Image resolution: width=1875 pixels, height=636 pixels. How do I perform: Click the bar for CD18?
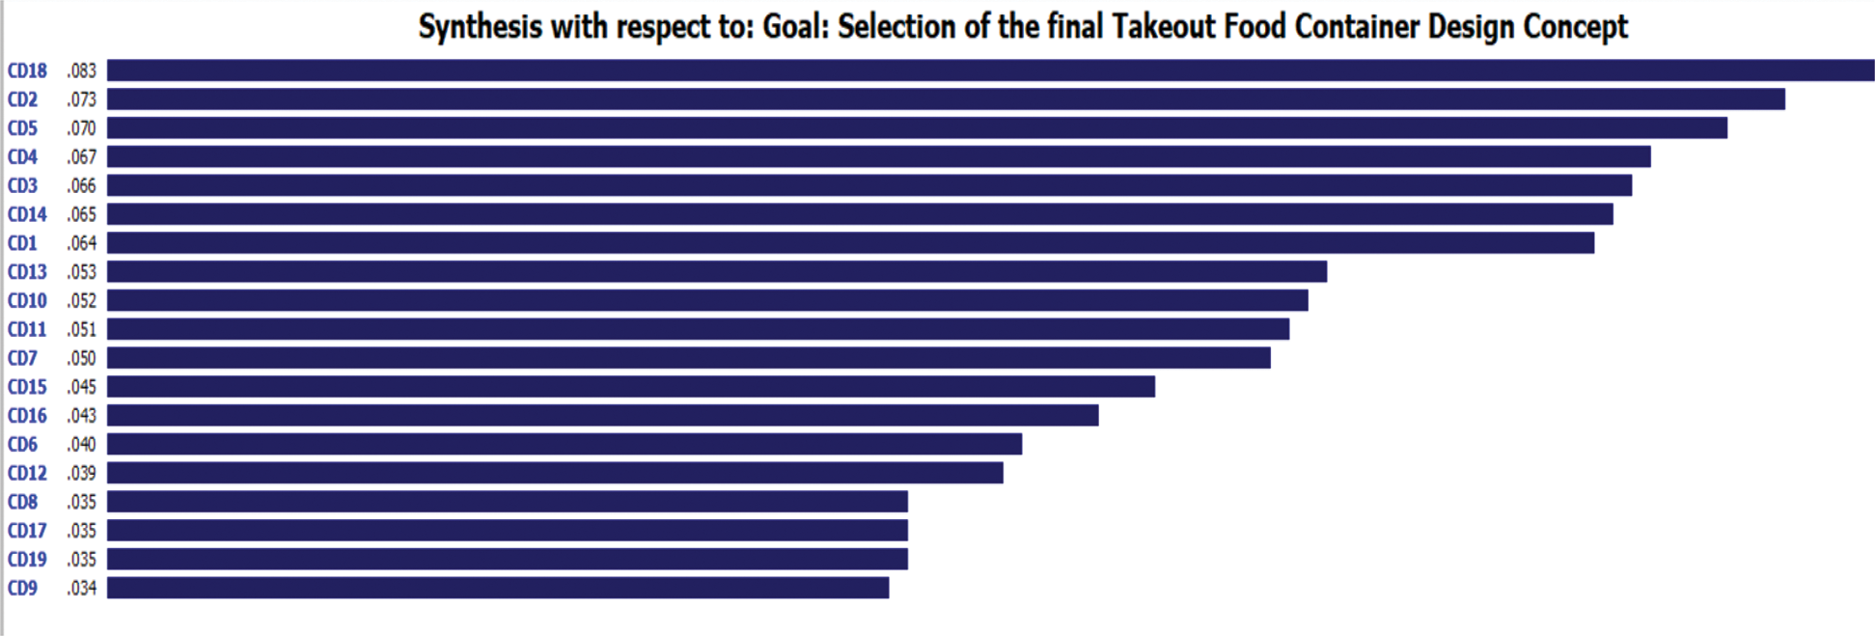pos(990,70)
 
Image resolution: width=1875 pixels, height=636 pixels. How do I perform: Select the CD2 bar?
pos(946,99)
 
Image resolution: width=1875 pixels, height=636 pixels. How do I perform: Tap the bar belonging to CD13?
pos(717,272)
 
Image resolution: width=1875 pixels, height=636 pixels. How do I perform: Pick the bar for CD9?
pos(498,588)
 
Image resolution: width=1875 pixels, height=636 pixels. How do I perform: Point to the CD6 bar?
pos(565,444)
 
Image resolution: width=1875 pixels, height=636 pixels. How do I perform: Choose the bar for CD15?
pos(631,387)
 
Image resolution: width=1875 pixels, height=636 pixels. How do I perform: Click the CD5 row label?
pos(22,128)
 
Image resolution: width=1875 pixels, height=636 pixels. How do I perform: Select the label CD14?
pos(27,214)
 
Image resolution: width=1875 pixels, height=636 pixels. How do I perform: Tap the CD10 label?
pos(27,301)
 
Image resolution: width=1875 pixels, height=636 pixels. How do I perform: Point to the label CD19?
pos(27,560)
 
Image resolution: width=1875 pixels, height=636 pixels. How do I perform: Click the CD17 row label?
pos(27,531)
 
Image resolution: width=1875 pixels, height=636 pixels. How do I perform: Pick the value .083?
pos(82,70)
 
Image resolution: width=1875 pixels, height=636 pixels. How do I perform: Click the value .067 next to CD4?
pos(82,157)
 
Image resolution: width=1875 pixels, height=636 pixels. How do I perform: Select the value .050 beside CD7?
pos(82,358)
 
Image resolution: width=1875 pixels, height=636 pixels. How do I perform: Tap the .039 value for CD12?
pos(82,473)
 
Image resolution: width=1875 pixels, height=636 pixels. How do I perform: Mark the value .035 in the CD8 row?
pos(82,502)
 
